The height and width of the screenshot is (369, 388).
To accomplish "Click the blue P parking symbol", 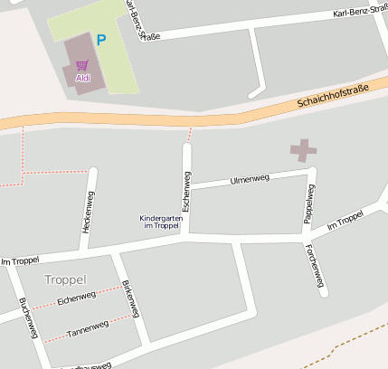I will [x=101, y=40].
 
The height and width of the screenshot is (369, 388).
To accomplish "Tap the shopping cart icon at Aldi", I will [x=82, y=65].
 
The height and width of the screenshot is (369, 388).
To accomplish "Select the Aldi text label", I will [x=82, y=78].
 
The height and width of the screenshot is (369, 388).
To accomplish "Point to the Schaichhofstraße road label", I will [x=334, y=94].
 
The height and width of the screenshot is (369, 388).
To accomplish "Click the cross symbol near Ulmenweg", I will [x=304, y=151].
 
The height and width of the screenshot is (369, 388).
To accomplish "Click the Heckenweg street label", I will [x=88, y=213].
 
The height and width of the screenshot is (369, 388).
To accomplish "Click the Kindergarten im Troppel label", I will [x=160, y=222].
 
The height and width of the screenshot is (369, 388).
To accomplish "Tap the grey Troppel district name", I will [x=65, y=279].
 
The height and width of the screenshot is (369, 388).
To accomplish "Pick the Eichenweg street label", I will [x=76, y=298].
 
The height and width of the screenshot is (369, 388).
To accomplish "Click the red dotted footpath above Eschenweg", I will [x=189, y=135].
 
